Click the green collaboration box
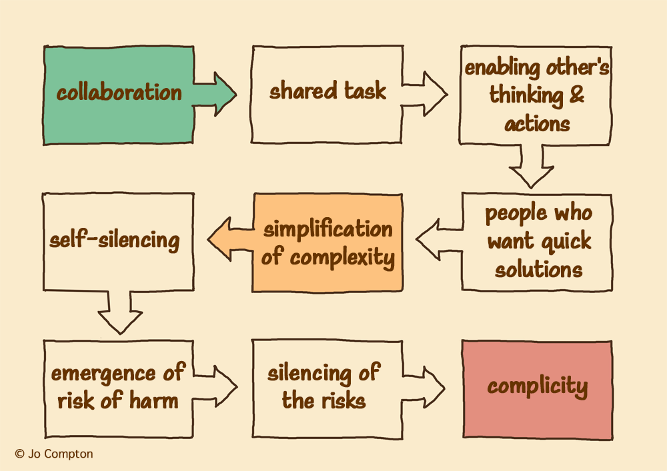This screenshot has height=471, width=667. [x=119, y=95]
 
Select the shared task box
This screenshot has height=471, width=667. [x=327, y=94]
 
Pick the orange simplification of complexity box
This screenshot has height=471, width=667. [x=327, y=242]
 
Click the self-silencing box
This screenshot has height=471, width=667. [x=118, y=242]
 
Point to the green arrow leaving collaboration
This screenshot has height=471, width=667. [x=215, y=94]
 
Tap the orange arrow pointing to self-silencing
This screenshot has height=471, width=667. [x=230, y=238]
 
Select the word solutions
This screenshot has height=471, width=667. [x=539, y=269]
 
